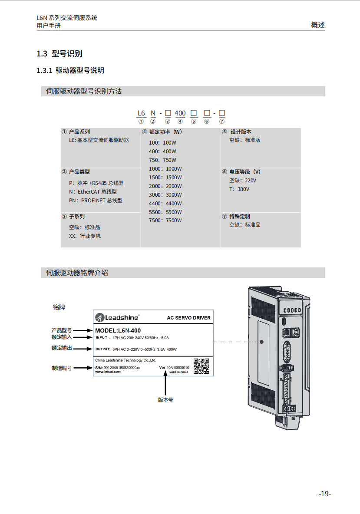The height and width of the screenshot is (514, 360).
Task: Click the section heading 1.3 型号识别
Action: [x=59, y=54]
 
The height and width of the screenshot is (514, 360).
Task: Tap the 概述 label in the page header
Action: [x=318, y=25]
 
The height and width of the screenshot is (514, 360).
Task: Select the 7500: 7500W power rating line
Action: [x=165, y=221]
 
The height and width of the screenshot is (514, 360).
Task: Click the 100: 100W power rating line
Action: [x=162, y=142]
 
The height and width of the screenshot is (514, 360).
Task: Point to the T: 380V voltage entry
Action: [x=239, y=189]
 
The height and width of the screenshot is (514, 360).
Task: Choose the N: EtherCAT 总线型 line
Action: [x=92, y=191]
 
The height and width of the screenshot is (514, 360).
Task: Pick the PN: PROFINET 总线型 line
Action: [x=96, y=201]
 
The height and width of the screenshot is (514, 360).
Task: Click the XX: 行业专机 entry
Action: [x=85, y=236]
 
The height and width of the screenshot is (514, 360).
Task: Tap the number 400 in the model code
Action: [x=180, y=113]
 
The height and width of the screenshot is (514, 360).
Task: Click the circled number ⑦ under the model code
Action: [x=222, y=121]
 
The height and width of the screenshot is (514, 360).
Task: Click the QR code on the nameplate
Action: [x=201, y=366]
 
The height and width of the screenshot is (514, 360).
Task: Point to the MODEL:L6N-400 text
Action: [x=118, y=331]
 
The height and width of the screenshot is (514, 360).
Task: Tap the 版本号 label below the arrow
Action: [x=165, y=400]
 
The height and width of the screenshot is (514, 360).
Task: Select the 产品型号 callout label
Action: [x=62, y=330]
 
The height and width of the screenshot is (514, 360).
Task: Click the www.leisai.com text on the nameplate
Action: [x=108, y=372]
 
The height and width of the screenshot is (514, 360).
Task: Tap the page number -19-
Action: [x=325, y=494]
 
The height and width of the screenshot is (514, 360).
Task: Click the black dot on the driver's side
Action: [x=261, y=342]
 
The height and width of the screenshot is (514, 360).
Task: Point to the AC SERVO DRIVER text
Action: [x=188, y=318]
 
